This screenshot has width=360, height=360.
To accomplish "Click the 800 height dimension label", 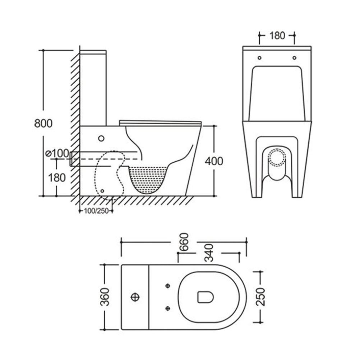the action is tap(43, 123).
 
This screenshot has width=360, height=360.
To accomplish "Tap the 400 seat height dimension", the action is tap(214, 161).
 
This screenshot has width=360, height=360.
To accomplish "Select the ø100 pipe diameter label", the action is tap(57, 153).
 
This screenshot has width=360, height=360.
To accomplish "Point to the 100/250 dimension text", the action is tap(96, 211).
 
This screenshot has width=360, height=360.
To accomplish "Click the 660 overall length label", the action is tap(184, 242).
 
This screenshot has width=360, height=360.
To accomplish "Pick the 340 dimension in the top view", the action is tap(209, 253).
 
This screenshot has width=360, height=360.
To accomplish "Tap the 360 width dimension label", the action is tap(105, 297).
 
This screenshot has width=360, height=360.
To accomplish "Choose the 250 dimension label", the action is tap(260, 297).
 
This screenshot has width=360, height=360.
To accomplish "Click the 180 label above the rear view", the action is tap(277, 36).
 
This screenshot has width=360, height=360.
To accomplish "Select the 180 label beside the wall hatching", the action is tap(57, 177).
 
